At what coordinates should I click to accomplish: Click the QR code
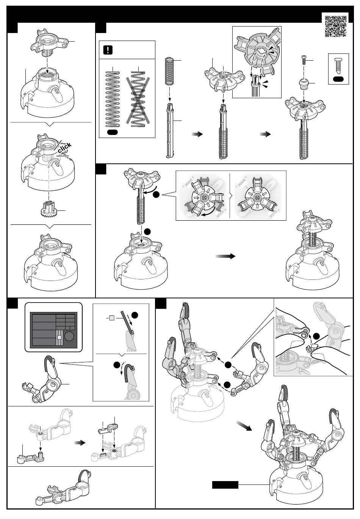pos(336,26)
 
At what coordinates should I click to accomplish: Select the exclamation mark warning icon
pos(108,50)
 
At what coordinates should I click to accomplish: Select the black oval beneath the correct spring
pos(113,132)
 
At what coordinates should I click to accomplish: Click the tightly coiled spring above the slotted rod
pos(170,71)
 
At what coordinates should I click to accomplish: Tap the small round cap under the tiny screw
pos(303,83)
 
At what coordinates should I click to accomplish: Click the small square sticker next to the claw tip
pos(111,318)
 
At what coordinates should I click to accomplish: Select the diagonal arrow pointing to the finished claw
pos(244,426)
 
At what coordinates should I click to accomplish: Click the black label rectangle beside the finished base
pos(225,484)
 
